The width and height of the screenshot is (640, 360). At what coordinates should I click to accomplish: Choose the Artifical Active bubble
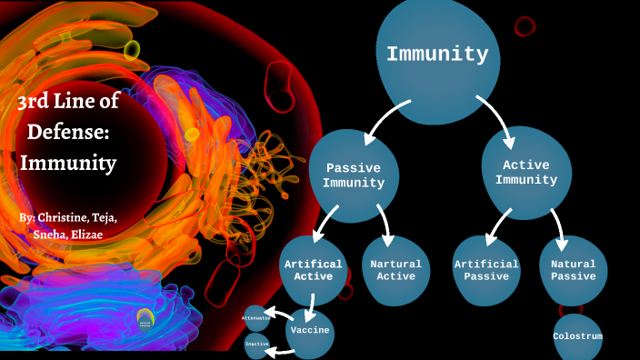click(314, 270)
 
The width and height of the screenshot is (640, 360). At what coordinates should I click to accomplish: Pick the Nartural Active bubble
click(395, 270)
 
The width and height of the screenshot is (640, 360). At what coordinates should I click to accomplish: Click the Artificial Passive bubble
click(486, 270)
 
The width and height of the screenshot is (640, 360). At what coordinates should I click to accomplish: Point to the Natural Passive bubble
click(573, 270)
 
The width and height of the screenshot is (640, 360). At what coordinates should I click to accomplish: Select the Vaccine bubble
click(310, 331)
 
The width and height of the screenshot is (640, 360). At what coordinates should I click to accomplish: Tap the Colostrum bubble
click(577, 336)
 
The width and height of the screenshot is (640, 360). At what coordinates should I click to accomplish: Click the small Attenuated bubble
click(255, 318)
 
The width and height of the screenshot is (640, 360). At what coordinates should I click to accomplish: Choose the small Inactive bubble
click(256, 345)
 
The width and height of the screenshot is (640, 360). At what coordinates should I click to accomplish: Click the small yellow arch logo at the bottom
click(145, 317)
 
